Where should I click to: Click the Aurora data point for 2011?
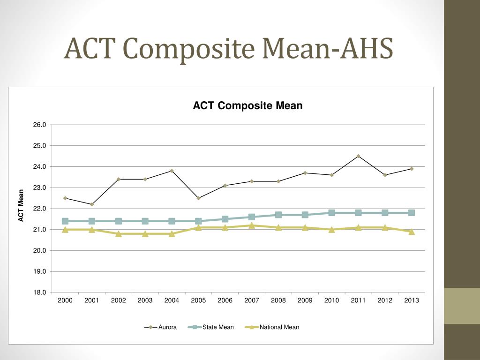[x=358, y=156]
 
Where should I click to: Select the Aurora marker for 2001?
[x=91, y=204]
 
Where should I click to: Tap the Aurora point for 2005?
[x=198, y=198]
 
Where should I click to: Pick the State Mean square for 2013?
[x=412, y=213]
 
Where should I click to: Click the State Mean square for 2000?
[x=65, y=221]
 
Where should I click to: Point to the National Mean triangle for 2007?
[x=252, y=225]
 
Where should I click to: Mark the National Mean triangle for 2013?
[x=412, y=232]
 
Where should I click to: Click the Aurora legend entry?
[x=160, y=327]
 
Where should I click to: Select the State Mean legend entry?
[x=211, y=327]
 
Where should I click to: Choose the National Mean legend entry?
[x=272, y=327]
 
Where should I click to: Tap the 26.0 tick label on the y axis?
[x=40, y=125]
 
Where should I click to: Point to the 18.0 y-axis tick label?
[x=40, y=292]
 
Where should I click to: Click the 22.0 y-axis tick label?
[x=40, y=209]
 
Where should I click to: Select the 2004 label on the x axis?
[x=172, y=300]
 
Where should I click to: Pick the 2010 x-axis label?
[x=331, y=300]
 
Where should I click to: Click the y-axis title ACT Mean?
[x=21, y=205]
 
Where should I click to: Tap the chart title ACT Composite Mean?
[x=247, y=105]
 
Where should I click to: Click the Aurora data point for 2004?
[x=172, y=171]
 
